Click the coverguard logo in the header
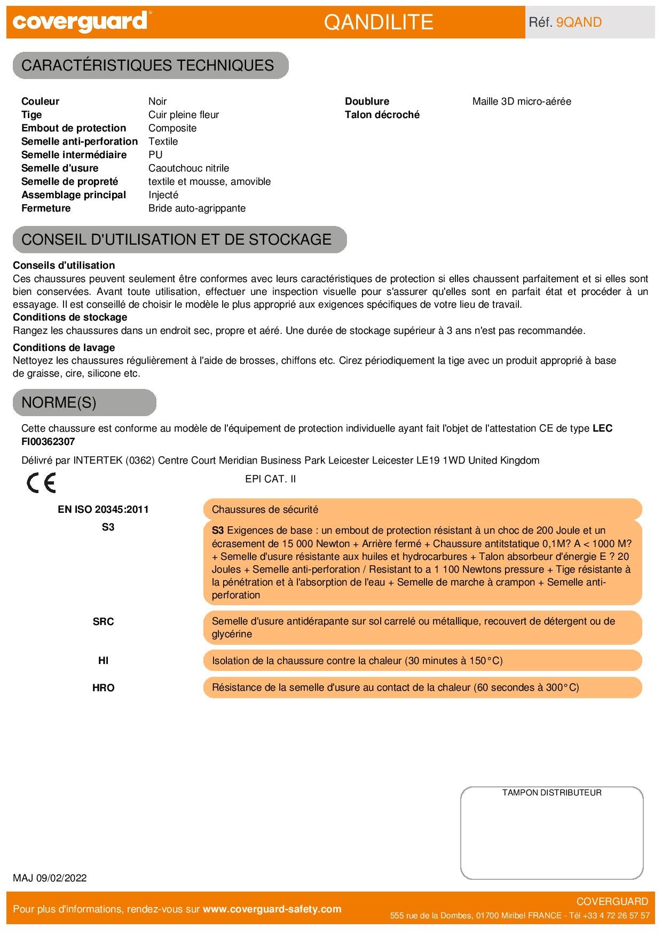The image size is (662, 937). pos(80,22)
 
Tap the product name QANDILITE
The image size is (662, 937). pos(379,22)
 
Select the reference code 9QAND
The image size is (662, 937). pos(579,22)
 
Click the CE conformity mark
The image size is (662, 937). pos(41,483)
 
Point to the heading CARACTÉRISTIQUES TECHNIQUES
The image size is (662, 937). pos(147,65)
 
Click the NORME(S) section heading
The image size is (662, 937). pos(59,402)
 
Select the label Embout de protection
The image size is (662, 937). pos(74,128)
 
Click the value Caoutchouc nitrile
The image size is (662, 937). pos(188,168)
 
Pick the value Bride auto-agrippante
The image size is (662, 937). pos(197,208)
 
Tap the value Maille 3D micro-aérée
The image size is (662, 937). pos(522,101)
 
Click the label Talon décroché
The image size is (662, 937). pos(382,115)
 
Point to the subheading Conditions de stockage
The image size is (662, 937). pos(70,317)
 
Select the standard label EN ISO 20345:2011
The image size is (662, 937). pos(103,509)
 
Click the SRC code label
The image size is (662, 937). pos(103,622)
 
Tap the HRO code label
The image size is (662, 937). pos(103,688)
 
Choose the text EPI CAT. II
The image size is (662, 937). pos(270,479)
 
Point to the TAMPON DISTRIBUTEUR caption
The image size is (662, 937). pos(551,793)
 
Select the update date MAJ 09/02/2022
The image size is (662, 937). pos(50,878)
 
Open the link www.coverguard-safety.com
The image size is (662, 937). pos(272,909)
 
